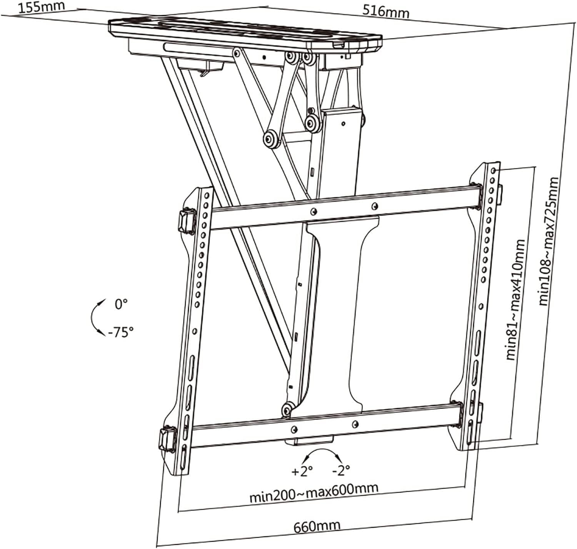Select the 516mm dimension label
386,12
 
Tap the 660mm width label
317,526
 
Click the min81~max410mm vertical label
515,300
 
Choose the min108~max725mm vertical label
548,241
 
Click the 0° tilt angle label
121,304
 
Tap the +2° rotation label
302,471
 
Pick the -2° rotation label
341,469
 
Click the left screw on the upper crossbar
314,211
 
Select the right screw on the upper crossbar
374,207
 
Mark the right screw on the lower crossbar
355,424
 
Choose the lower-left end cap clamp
167,438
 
